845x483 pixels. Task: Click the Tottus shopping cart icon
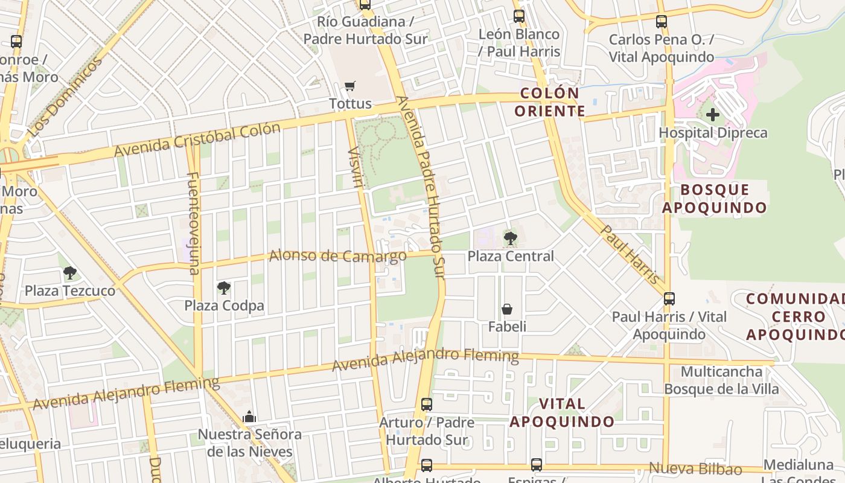(x=349, y=86)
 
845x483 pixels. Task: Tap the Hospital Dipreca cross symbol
(x=713, y=114)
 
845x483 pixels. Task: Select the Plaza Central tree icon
(x=511, y=238)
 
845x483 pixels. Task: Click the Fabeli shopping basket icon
(x=507, y=310)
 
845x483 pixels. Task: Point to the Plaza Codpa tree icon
(x=224, y=288)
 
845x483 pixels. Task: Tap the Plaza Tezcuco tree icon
(x=70, y=273)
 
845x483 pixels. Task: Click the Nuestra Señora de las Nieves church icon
(x=249, y=417)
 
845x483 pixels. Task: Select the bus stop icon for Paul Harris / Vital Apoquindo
(x=669, y=299)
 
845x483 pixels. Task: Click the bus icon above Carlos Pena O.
(x=662, y=22)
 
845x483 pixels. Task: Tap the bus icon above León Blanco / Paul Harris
(x=519, y=16)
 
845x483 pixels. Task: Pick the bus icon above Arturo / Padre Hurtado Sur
(x=427, y=405)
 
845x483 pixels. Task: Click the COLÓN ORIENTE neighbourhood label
(x=549, y=102)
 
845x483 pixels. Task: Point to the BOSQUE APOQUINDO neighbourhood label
(x=715, y=199)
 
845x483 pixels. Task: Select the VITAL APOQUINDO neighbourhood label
(x=562, y=412)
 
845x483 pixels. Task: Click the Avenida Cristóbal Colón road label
(x=197, y=139)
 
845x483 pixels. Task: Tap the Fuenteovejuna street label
(x=194, y=223)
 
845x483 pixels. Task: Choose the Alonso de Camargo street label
(x=337, y=256)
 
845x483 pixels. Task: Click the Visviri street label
(x=356, y=167)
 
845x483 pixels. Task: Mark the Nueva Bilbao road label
(x=695, y=469)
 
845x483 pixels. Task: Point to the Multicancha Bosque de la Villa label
(x=721, y=380)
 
